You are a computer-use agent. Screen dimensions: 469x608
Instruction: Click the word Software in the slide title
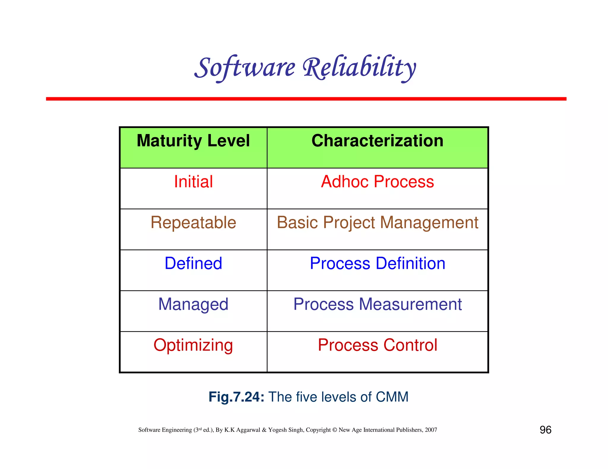[245, 68]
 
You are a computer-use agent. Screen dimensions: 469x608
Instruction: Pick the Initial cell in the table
[193, 181]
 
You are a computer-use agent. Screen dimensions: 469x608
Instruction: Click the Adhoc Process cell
[377, 181]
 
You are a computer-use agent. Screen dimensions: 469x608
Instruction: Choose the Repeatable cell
[193, 222]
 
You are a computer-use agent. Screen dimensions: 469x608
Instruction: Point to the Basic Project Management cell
[377, 222]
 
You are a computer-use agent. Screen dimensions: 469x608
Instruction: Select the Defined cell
[193, 263]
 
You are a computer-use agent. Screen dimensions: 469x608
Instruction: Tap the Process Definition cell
[377, 263]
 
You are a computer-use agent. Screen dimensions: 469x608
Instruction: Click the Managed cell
[193, 304]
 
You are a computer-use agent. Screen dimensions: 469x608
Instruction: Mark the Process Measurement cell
[377, 304]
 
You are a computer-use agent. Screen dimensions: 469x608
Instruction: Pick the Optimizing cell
[193, 345]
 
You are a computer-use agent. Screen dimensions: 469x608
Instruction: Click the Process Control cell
[377, 345]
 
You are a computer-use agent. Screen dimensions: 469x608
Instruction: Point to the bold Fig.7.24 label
[236, 397]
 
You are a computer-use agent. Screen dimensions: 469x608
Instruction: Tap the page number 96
[545, 430]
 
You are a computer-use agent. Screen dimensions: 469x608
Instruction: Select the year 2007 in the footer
[431, 430]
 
